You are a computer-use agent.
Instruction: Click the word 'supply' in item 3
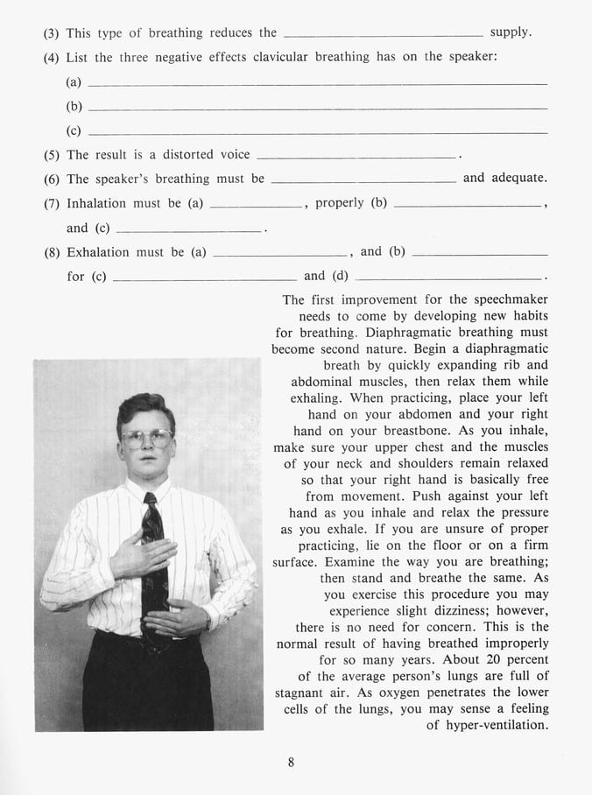(510, 33)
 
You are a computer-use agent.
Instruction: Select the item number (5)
(52, 155)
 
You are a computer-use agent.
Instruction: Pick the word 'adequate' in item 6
(517, 179)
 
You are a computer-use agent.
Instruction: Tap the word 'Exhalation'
(98, 252)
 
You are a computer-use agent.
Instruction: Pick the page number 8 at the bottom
(291, 762)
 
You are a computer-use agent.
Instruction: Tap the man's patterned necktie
(155, 560)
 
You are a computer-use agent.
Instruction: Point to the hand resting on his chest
(137, 553)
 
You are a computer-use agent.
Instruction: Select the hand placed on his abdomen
(173, 621)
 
